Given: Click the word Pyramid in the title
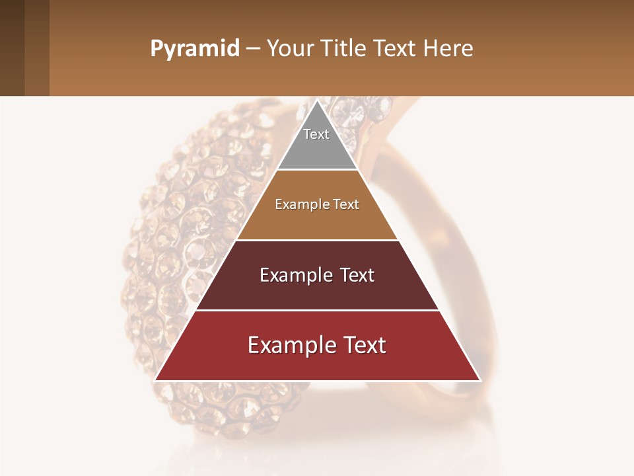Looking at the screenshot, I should pyautogui.click(x=195, y=49).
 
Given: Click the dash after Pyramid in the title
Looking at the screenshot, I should pyautogui.click(x=253, y=49).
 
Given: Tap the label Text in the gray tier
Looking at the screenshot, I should pyautogui.click(x=316, y=134).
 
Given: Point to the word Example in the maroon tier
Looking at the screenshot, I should pyautogui.click(x=295, y=275).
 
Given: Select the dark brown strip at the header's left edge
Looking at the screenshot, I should pyautogui.click(x=12, y=48).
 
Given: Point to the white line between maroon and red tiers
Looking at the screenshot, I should pyautogui.click(x=317, y=310).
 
